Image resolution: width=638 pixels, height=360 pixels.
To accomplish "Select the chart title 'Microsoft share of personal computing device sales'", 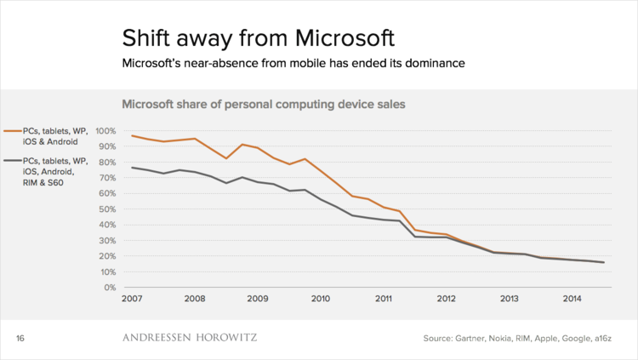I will click(264, 105).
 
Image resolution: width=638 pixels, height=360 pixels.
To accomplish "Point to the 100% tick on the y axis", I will click(106, 131).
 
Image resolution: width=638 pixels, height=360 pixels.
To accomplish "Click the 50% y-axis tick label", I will click(109, 209).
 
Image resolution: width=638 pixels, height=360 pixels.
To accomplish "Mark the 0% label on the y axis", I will click(111, 288).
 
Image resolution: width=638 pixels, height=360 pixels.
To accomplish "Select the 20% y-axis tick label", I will click(109, 256).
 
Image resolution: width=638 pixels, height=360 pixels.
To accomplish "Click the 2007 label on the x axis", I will click(132, 300).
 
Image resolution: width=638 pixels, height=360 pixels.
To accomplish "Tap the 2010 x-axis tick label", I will click(321, 300).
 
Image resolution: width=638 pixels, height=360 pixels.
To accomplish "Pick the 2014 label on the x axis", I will click(572, 300).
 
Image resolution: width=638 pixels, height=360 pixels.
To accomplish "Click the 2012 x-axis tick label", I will click(447, 300).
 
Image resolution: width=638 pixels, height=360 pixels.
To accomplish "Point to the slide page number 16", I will click(21, 339).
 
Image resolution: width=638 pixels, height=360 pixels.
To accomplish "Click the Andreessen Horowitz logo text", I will click(190, 338).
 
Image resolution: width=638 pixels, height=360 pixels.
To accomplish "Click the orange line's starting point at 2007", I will click(132, 136).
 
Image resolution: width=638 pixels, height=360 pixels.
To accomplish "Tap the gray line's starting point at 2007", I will click(132, 167).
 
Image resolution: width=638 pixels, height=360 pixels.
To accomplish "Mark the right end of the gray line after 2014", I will click(604, 262).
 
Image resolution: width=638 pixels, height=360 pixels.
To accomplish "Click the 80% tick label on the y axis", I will click(109, 163).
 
